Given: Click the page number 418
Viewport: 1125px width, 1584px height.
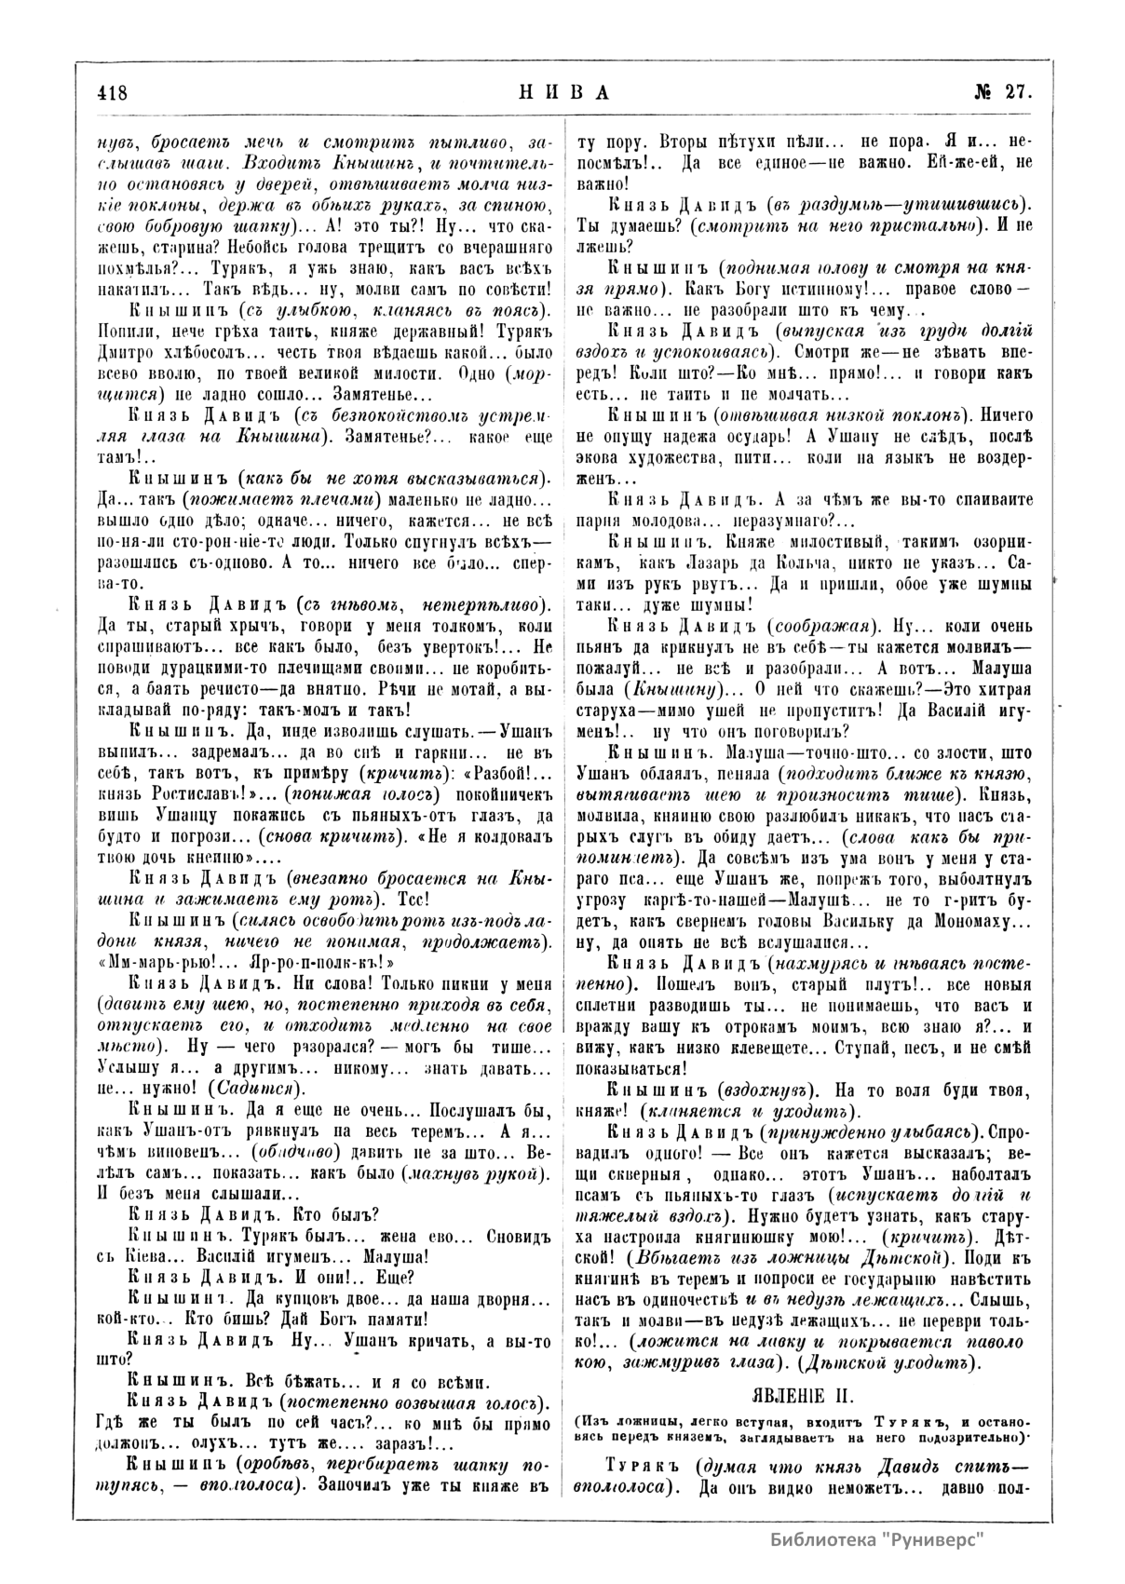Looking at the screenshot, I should [x=111, y=93].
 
